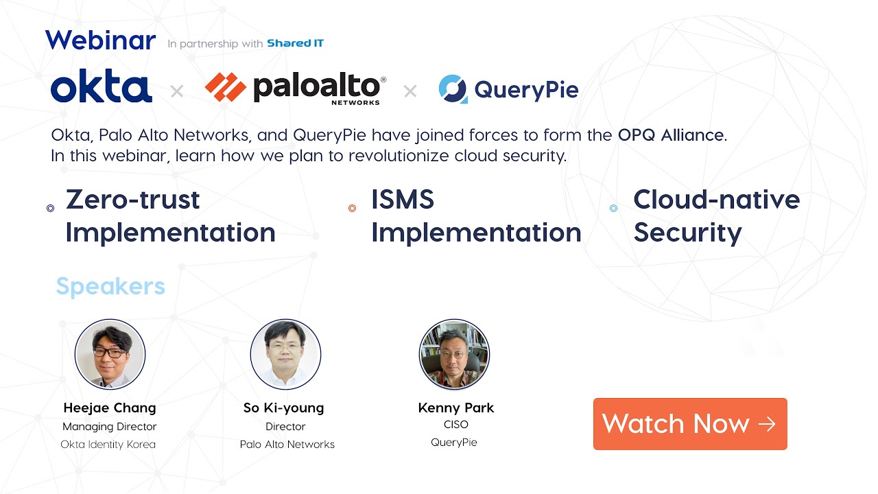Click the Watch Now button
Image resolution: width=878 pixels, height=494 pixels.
coord(689,424)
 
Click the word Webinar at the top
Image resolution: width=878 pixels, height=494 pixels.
coord(101,40)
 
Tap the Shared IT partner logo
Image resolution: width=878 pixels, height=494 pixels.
coord(295,43)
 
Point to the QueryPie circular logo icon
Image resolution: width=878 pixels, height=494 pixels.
coord(453,89)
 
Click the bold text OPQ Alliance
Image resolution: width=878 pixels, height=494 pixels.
coord(670,135)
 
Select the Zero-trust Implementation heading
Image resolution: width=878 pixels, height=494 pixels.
coord(170,216)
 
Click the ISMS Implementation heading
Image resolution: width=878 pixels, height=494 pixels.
coord(475,216)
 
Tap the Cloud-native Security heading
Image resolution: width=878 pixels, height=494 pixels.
coord(716,216)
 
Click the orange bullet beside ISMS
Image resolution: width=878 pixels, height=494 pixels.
coord(352,208)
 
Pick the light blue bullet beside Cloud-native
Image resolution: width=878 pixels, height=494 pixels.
coord(613,208)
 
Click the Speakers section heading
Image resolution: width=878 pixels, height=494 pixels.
coord(110,286)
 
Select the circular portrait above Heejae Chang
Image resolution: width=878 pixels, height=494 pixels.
coord(110,354)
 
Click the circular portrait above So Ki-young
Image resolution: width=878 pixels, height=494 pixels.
coord(285,354)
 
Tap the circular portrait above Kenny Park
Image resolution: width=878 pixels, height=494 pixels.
coord(454,354)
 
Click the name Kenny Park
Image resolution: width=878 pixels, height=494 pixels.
coord(455,408)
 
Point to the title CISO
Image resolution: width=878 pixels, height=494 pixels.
coord(455,425)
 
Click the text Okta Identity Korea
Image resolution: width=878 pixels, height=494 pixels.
coord(108,445)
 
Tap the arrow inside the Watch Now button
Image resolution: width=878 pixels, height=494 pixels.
coord(767,424)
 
